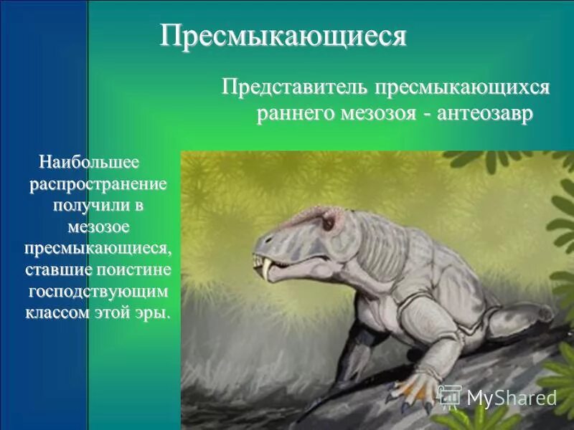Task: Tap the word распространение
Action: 98,185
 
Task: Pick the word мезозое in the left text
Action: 98,228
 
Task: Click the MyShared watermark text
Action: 512,398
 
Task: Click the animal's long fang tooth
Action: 267,269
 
